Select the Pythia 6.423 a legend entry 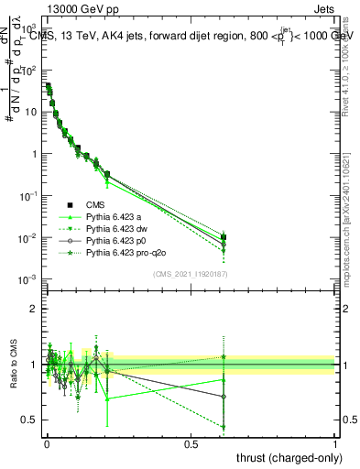[119, 216]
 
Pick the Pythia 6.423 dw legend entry [122, 228]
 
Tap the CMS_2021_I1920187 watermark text [191, 273]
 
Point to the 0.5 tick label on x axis [191, 443]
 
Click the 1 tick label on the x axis [335, 443]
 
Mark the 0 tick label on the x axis [46, 443]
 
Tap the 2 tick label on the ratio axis [36, 309]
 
